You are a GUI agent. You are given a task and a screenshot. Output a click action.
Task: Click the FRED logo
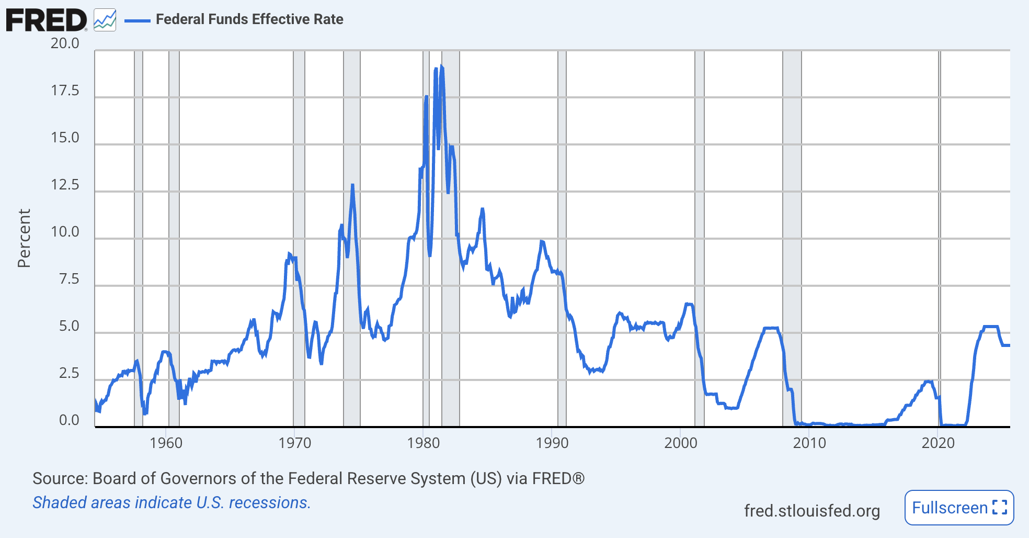[x=46, y=20]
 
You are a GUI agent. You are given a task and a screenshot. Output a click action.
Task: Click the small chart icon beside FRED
[x=105, y=20]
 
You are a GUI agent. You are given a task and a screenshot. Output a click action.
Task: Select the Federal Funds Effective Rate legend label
[x=249, y=19]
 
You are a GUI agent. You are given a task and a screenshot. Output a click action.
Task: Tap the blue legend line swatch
[x=138, y=20]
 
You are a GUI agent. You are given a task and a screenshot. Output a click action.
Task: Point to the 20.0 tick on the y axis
[x=65, y=43]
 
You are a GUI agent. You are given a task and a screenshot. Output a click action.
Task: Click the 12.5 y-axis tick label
[x=65, y=185]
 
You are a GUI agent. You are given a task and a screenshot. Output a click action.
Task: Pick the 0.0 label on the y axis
[x=68, y=420]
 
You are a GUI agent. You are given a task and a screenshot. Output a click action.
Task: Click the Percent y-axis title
[x=24, y=238]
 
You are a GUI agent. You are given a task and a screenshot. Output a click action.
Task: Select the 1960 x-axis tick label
[x=166, y=443]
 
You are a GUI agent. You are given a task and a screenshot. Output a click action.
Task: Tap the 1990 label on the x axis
[x=552, y=443]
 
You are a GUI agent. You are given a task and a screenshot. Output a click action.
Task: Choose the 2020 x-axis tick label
[x=937, y=443]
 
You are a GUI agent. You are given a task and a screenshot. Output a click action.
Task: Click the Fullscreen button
[x=959, y=508]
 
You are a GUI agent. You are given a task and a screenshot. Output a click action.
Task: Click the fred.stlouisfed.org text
[x=811, y=511]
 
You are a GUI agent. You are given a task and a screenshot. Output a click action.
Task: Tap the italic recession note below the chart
[x=171, y=502]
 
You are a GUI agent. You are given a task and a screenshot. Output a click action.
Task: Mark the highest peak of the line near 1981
[x=441, y=66]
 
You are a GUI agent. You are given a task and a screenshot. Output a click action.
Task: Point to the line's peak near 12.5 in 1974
[x=352, y=185]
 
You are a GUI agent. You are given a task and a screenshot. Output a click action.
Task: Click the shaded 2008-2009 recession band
[x=792, y=236]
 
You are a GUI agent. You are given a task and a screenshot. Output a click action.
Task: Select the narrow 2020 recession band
[x=940, y=236]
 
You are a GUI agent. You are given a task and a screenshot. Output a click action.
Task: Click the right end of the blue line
[x=1009, y=345]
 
